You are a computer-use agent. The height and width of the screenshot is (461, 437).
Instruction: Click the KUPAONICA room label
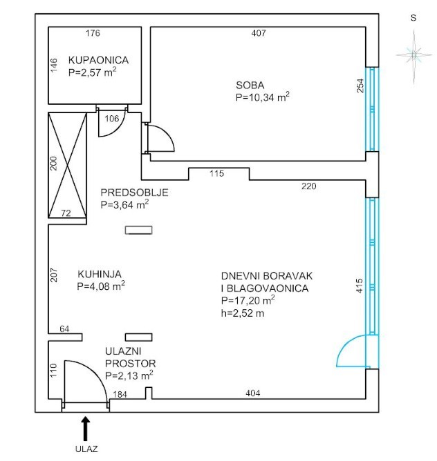98,60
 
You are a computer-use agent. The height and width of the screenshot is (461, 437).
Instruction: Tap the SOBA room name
250,86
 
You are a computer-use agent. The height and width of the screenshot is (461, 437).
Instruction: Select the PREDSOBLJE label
134,193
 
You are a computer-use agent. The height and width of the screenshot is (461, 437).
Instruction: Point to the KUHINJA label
100,274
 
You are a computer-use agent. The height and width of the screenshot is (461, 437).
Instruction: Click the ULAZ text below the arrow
86,449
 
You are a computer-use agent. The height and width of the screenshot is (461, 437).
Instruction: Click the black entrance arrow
86,428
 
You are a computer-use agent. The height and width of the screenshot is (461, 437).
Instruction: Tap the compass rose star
414,55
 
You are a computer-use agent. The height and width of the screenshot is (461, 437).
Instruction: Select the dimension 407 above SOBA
259,33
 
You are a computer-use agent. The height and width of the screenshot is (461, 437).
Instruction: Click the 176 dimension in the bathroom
93,33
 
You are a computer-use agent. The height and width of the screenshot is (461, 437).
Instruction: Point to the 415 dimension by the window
360,286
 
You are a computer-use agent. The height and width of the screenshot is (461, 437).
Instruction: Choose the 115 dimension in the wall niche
216,173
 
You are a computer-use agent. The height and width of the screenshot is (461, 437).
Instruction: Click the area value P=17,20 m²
248,300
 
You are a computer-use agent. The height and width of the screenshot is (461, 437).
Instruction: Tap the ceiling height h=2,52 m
243,313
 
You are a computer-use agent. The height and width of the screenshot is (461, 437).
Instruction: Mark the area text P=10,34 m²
262,97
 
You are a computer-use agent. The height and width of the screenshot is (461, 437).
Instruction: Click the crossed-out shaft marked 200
68,165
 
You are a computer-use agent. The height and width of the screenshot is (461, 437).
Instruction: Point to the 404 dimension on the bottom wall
253,393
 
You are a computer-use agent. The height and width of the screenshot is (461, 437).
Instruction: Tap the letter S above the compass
413,18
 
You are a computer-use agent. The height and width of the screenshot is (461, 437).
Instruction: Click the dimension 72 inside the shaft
66,213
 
